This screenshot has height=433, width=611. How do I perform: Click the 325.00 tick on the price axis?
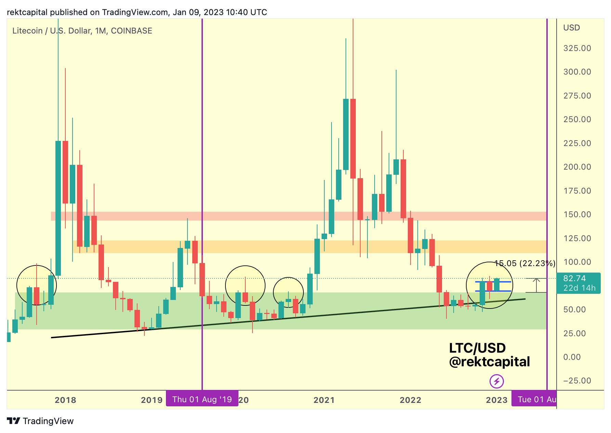577,48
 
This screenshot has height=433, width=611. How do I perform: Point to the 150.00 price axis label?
577,214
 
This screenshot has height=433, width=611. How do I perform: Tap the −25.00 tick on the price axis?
577,381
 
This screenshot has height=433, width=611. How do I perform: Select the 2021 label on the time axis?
324,400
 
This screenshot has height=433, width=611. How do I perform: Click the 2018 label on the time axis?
65,400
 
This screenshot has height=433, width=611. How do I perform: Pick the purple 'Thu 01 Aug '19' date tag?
202,399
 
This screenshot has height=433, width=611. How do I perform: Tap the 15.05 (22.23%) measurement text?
525,263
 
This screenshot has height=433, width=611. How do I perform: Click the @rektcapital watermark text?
489,362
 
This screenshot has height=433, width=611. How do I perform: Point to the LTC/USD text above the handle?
477,348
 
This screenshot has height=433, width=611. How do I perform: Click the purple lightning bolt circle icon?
496,381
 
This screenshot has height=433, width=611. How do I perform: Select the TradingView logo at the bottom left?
40,421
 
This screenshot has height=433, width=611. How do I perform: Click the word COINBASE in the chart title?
131,31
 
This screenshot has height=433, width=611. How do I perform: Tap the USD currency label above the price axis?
571,28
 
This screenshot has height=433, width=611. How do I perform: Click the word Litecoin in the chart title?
27,31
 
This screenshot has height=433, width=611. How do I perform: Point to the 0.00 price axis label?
572,357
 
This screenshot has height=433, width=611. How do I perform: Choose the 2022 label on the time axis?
410,400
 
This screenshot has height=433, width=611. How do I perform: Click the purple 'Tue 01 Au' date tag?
534,399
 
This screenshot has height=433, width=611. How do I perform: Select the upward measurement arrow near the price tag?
536,285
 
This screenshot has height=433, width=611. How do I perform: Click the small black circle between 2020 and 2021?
288,292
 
